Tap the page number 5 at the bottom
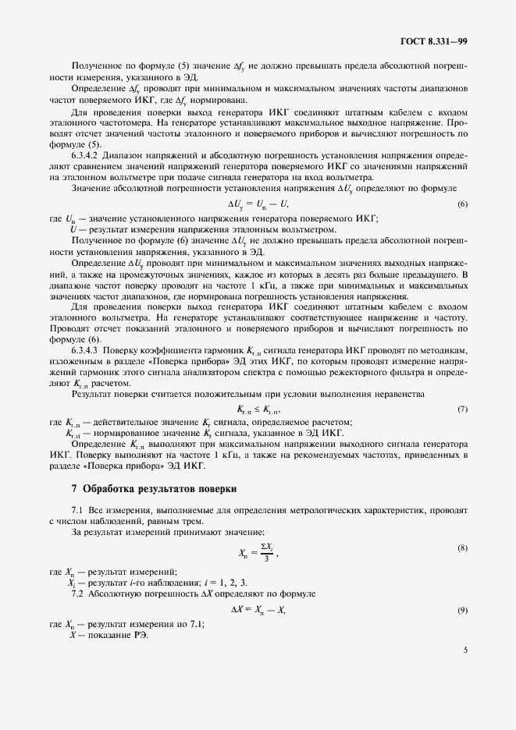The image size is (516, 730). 464,648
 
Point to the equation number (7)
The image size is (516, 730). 462,409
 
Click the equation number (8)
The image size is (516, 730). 462,548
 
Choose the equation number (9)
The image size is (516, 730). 462,609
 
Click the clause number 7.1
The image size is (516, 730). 77,509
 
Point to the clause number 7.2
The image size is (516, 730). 77,594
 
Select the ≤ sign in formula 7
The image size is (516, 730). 258,409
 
